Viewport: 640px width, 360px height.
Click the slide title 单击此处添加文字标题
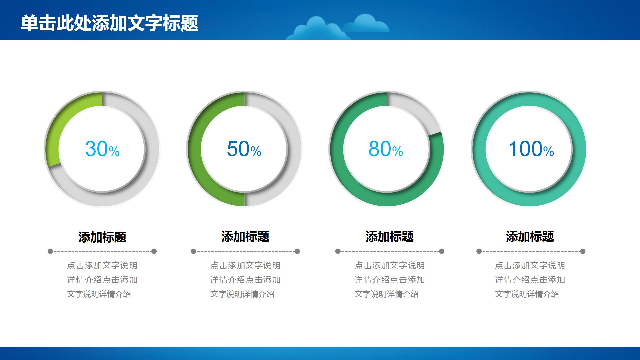[x=109, y=23]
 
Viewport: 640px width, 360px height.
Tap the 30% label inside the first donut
[x=102, y=149]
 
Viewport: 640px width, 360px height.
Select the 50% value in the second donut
[x=244, y=149]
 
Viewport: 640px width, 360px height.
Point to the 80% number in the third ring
[x=386, y=149]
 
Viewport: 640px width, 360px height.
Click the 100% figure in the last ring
[x=531, y=149]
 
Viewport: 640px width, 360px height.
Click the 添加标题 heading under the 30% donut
[x=102, y=237]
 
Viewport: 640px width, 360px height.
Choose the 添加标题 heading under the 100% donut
[x=530, y=237]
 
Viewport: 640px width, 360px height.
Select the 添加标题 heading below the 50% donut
[x=245, y=237]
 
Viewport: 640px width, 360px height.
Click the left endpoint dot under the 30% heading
[x=50, y=251]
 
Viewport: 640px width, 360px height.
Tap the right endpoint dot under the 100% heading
[x=583, y=251]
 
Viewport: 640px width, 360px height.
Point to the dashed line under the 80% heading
[x=390, y=251]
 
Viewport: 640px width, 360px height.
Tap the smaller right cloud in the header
[x=367, y=23]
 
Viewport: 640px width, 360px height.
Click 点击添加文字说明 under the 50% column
[x=245, y=266]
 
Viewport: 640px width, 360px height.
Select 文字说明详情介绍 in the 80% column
[x=386, y=294]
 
